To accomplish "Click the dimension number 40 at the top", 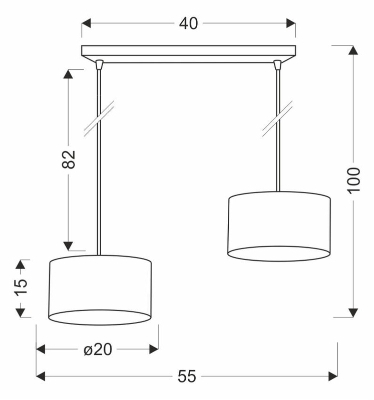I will click(188, 23).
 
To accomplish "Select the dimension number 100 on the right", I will click(353, 180).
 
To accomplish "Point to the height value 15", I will click(20, 287).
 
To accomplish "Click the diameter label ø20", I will click(98, 349).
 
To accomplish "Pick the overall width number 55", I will click(187, 375).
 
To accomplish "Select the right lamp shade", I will click(279, 225).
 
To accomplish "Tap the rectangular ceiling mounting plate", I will click(188, 51).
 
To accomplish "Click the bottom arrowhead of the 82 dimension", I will click(68, 244).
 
